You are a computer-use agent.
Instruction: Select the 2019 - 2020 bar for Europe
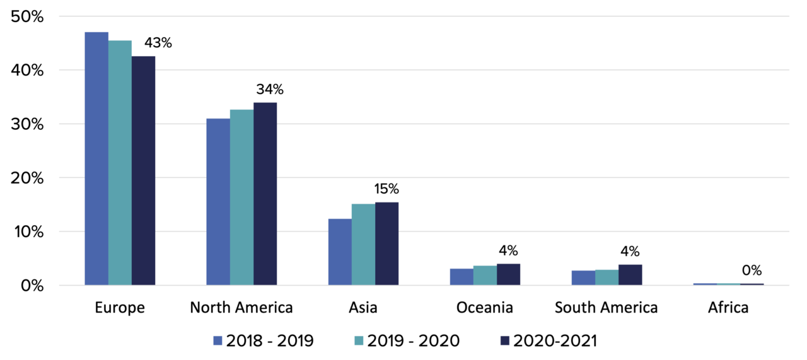[120, 163]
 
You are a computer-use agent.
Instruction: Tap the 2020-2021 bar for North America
[265, 194]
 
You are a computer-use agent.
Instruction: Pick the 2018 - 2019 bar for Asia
[340, 252]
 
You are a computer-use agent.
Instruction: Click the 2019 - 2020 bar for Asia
[363, 245]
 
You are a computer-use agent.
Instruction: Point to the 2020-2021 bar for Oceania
[508, 275]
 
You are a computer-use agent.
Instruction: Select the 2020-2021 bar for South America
[630, 275]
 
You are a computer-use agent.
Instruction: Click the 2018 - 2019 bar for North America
[218, 202]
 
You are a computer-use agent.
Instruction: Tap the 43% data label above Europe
[158, 44]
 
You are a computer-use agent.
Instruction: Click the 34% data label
[269, 90]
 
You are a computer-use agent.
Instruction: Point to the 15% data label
[386, 189]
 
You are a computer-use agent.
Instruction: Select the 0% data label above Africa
[751, 270]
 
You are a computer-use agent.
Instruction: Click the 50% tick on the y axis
[27, 17]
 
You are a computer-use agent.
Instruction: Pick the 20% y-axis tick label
[27, 178]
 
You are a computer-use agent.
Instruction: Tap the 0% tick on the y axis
[32, 286]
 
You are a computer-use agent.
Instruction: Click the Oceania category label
[484, 308]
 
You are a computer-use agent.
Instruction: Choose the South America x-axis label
[606, 308]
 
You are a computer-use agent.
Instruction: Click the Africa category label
[728, 308]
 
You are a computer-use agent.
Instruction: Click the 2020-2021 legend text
[555, 341]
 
